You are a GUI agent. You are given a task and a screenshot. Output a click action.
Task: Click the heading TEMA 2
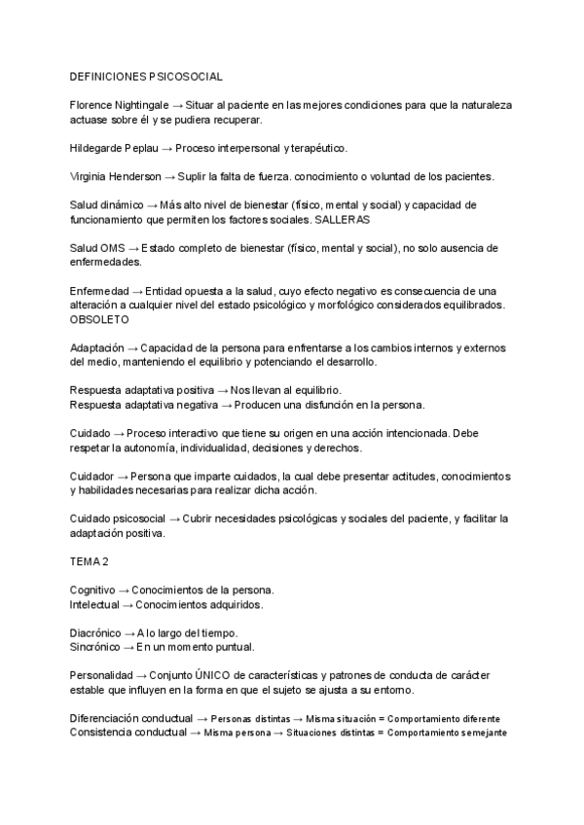[x=90, y=562]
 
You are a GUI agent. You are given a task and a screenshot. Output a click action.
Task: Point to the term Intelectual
[x=93, y=604]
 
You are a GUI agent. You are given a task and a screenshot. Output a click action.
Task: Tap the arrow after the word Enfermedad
[x=137, y=292]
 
